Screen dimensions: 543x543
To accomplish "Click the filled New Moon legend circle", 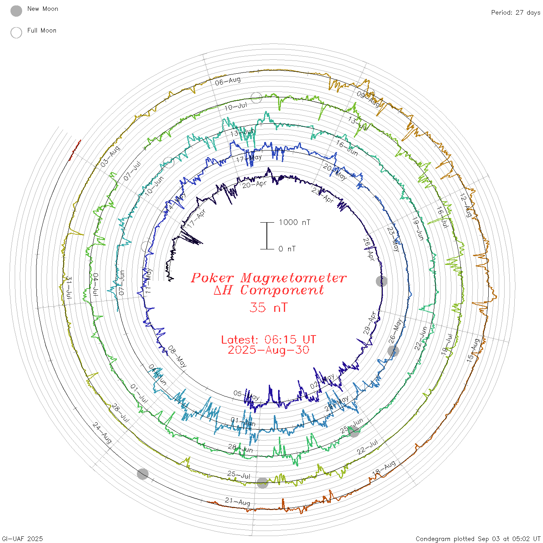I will pos(16,11).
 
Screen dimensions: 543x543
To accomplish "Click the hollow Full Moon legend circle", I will pos(16,33).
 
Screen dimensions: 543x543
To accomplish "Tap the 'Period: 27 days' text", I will pos(515,13).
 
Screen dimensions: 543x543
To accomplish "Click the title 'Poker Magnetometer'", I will pos(268,278).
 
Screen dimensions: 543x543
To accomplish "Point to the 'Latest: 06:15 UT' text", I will pos(268,340).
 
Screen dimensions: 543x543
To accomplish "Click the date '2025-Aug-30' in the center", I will pos(268,350).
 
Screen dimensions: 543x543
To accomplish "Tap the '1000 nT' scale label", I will pos(294,222).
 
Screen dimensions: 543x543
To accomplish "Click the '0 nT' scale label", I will pos(287,249).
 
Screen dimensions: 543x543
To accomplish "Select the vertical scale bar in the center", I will pos(267,236).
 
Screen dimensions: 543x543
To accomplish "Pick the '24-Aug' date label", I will pos(102,433).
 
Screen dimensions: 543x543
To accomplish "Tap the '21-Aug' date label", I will pos(238,501).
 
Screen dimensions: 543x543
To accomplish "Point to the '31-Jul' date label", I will pos(69,287).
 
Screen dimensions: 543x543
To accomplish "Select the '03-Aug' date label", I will pos(110,157).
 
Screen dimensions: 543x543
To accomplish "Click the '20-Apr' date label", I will pos(254,184).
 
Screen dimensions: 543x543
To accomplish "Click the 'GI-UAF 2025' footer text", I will pos(22,539).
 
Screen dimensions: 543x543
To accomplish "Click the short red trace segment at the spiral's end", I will pos(75,150).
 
